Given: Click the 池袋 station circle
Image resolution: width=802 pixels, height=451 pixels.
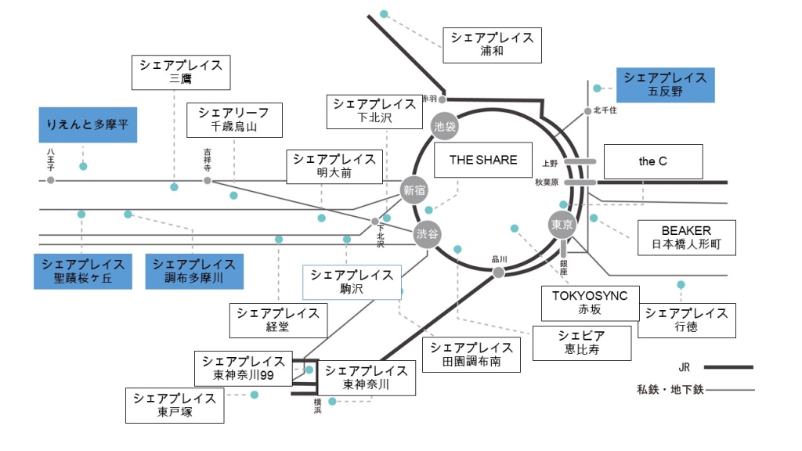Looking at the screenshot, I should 444,124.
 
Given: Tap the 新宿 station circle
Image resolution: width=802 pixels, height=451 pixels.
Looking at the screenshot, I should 415,189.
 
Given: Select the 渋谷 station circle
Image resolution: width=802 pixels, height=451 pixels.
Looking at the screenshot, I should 428,234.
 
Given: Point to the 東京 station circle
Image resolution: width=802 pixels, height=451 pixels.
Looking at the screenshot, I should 563,225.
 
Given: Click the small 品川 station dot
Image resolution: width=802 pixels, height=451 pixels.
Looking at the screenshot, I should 497,272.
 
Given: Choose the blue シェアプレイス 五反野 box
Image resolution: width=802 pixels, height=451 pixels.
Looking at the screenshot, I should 666,85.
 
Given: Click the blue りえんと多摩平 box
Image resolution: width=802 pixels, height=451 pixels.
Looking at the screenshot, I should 88,125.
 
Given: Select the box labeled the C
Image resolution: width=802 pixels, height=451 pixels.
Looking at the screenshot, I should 653,162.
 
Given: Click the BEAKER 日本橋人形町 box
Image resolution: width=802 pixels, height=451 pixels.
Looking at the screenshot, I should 687,237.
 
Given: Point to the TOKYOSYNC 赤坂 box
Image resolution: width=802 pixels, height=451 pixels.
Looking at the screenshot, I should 591,303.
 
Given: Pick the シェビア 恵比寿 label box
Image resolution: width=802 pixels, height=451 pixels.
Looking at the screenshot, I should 583,342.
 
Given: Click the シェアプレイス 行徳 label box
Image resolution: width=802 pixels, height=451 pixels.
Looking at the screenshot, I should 687,320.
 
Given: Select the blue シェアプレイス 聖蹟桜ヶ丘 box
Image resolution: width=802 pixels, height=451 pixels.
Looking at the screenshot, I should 83,271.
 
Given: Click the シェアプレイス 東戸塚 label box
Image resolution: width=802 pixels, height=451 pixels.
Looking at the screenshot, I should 175,406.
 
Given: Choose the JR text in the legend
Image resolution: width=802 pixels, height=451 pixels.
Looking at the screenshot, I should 685,366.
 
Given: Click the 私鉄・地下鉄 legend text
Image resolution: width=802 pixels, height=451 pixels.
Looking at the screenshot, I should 670,389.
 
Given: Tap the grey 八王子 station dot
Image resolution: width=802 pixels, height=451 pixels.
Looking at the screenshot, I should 51,180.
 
